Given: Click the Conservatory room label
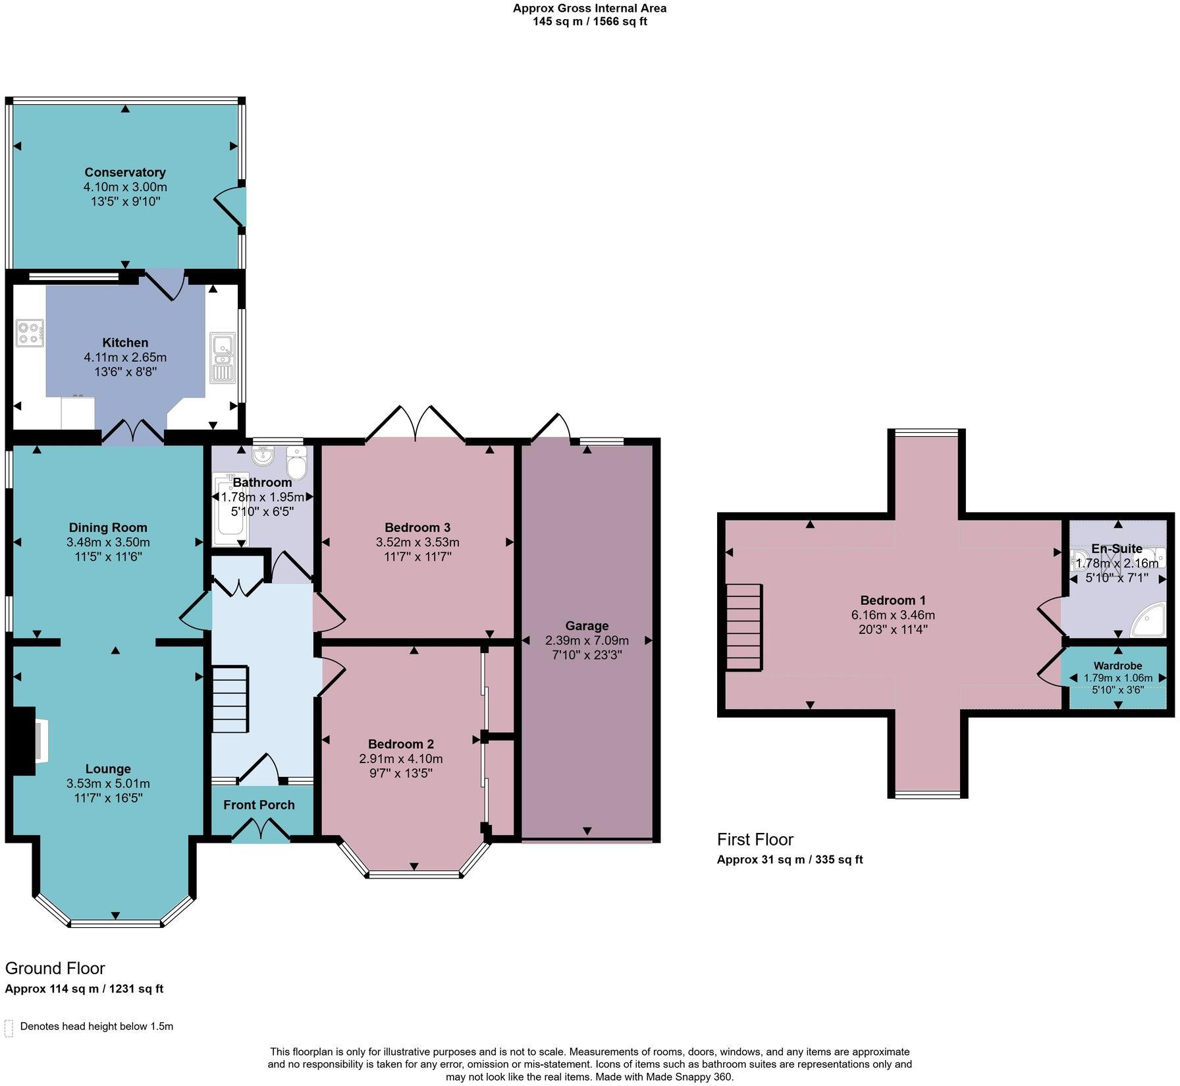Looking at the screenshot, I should pos(125,173).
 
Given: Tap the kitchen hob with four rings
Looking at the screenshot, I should pos(30,333).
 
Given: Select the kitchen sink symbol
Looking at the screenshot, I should pos(222,357).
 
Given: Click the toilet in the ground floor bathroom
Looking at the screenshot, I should pos(297,464).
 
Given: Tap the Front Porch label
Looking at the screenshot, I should pos(259,805).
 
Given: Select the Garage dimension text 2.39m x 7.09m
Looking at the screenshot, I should pos(587,641).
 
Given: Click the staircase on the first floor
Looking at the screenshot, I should pos(744,627).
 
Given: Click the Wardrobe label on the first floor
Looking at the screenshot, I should pos(1117,666).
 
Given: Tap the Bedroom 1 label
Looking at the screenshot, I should pos(893,600).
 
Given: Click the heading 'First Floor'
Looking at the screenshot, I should pos(755,840).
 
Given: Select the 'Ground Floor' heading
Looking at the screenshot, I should pos(55,968).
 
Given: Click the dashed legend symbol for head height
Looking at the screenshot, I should pos(9,1028).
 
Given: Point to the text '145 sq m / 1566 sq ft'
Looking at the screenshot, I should pos(589,22).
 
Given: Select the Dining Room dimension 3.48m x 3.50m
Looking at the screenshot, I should pos(108,542).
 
